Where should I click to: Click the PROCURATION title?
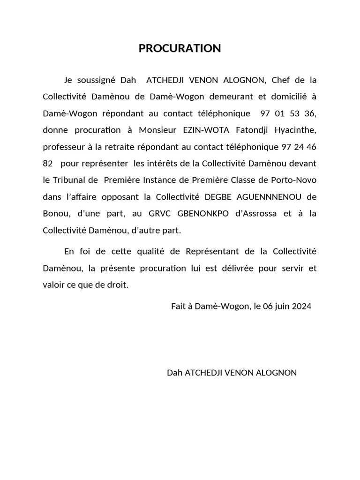click(x=180, y=48)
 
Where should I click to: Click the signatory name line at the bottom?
click(x=232, y=373)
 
